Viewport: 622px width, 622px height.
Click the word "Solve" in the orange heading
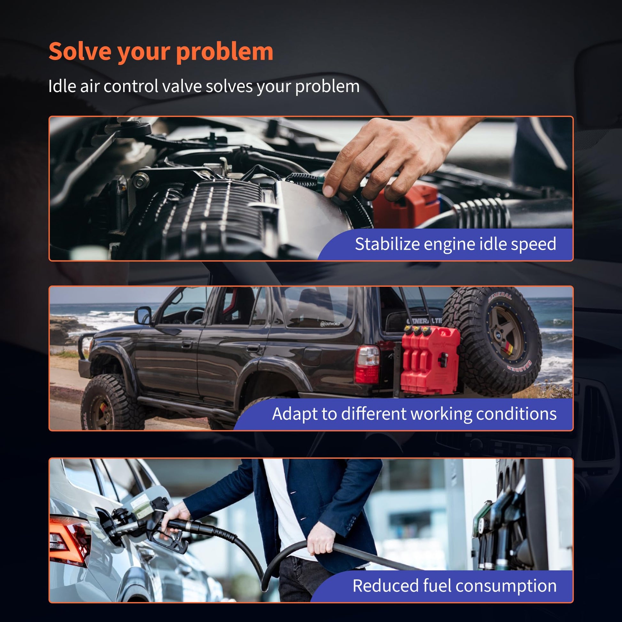click(80, 51)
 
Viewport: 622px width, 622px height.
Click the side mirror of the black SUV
click(143, 315)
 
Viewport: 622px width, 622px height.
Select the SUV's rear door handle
click(253, 348)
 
